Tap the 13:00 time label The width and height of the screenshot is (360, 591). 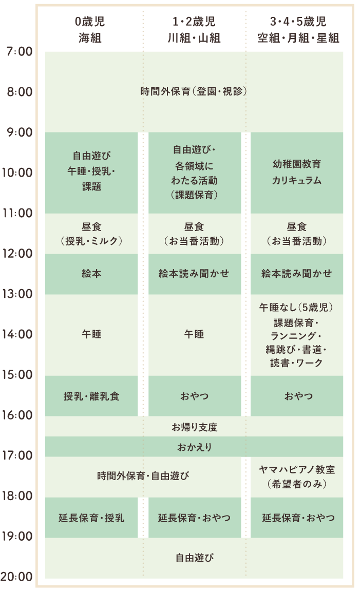18,295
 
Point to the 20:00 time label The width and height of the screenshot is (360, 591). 17,577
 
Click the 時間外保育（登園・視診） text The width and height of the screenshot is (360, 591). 194,92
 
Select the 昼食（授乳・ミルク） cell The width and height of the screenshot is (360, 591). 91,234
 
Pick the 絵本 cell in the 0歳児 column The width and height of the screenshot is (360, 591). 91,274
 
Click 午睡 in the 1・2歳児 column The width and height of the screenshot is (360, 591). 194,334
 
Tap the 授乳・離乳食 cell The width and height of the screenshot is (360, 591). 91,396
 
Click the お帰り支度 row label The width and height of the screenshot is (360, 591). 194,427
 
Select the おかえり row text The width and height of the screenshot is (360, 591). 194,447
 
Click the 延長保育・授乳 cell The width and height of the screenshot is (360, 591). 91,518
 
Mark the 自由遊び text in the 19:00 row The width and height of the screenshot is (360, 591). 194,558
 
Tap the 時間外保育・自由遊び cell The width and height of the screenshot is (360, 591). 143,476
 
